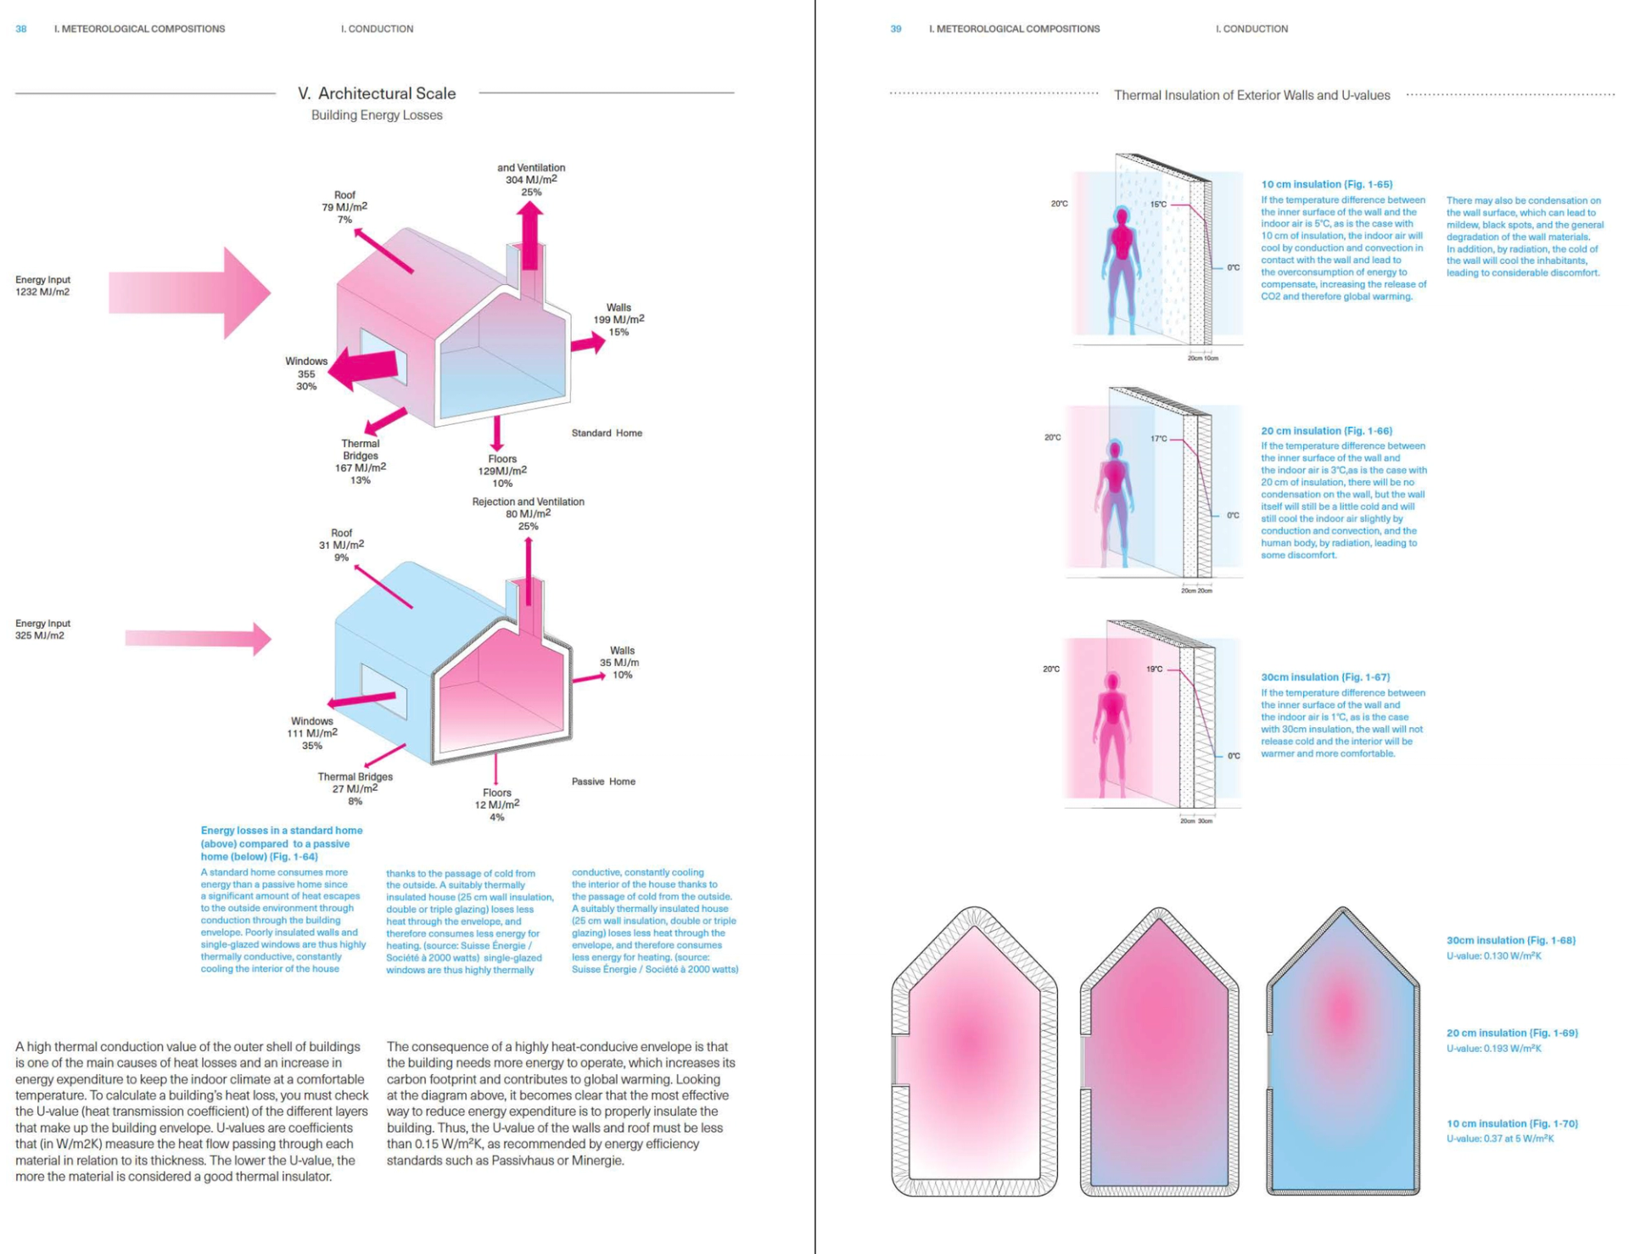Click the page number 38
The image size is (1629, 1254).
click(x=21, y=29)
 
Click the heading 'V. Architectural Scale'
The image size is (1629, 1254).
click(x=377, y=93)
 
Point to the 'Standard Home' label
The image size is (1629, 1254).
click(x=607, y=433)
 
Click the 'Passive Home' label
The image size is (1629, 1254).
click(x=603, y=781)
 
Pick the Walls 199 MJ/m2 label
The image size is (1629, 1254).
click(x=619, y=320)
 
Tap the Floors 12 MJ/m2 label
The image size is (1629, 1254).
click(x=497, y=804)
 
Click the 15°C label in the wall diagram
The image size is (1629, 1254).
click(x=1158, y=204)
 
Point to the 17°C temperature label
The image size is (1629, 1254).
click(x=1158, y=439)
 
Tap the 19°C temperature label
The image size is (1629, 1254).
click(x=1154, y=669)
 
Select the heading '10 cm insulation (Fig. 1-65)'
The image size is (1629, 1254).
click(x=1326, y=184)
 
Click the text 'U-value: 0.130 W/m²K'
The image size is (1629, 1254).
click(x=1493, y=956)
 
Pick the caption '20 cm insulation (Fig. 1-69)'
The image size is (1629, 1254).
click(x=1512, y=1033)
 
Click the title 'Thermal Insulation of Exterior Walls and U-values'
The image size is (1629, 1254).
click(x=1251, y=95)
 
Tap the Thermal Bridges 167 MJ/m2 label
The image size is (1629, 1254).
click(x=361, y=462)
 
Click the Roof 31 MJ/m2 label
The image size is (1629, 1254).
click(x=341, y=545)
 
